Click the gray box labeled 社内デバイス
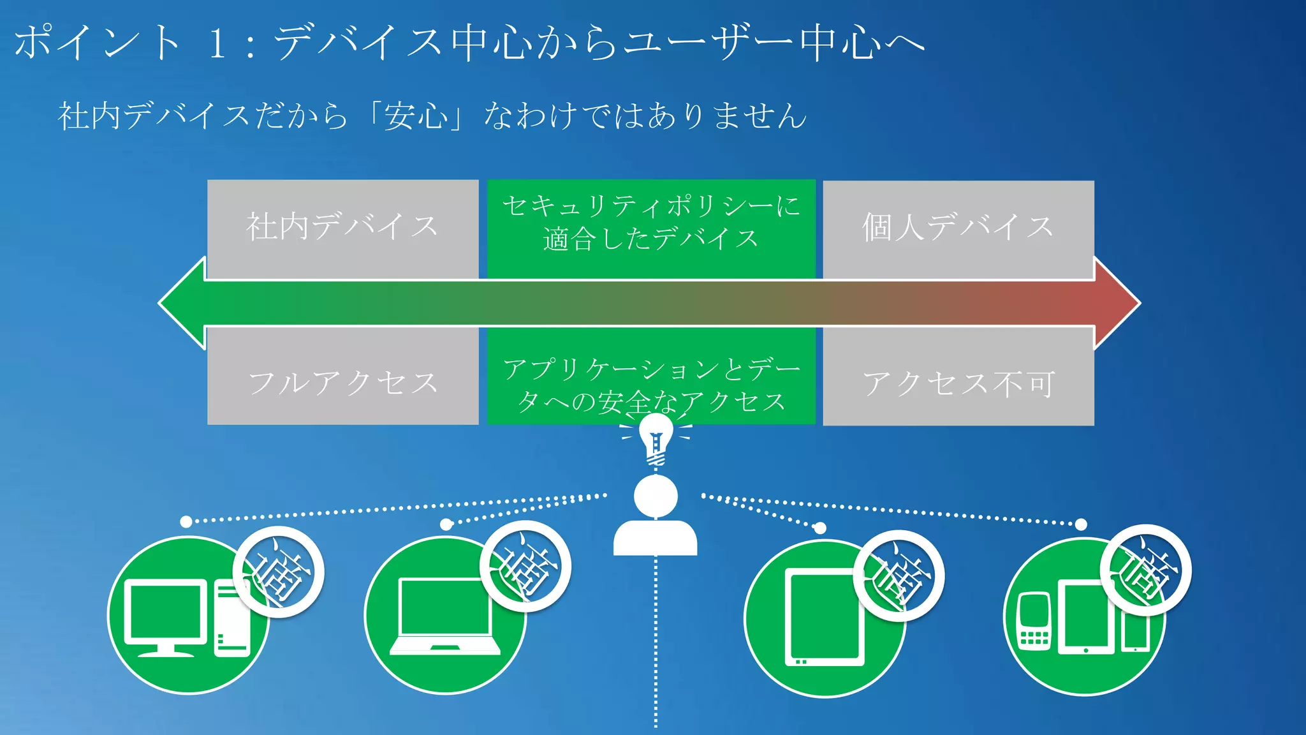[x=342, y=228]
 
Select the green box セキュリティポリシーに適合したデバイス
[x=651, y=228]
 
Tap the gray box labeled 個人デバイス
[x=958, y=228]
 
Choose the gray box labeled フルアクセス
[x=342, y=381]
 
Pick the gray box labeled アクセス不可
[x=958, y=381]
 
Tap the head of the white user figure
[x=656, y=496]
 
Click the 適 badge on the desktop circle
[x=279, y=572]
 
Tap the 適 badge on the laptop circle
[x=525, y=567]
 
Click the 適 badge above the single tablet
[x=899, y=575]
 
